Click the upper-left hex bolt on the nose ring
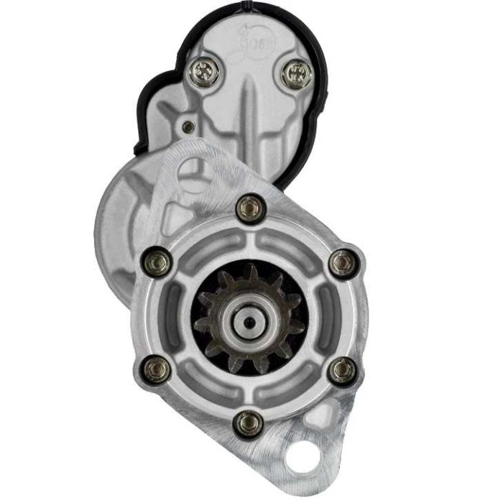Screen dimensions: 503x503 pyautogui.click(x=157, y=261)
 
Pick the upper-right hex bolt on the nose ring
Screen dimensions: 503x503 pyautogui.click(x=343, y=263)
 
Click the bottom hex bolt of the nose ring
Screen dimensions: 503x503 pyautogui.click(x=249, y=423)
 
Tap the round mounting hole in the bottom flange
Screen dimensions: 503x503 pyautogui.click(x=302, y=457)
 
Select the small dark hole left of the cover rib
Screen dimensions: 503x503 pyautogui.click(x=188, y=127)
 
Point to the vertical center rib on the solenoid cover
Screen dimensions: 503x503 pyautogui.click(x=246, y=108)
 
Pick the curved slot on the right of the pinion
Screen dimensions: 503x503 pyautogui.click(x=328, y=316)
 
